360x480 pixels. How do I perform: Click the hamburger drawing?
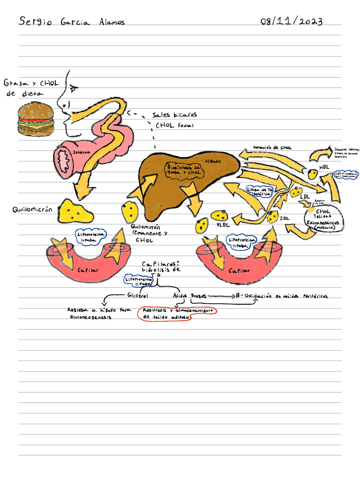point(36,120)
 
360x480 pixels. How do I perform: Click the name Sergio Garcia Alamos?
point(72,22)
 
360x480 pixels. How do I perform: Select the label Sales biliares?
point(174,115)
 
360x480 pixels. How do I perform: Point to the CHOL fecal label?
point(174,125)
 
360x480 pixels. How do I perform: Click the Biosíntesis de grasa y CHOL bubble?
point(184,170)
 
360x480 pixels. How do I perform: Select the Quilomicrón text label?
point(31,210)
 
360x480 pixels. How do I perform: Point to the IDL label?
point(285,218)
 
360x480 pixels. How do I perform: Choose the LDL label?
point(305,197)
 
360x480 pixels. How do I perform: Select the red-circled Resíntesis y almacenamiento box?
point(177,314)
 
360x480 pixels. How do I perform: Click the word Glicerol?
point(137,296)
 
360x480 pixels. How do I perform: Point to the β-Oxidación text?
point(281,296)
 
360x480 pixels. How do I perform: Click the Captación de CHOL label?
point(272,148)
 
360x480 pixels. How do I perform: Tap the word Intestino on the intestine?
point(82,153)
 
